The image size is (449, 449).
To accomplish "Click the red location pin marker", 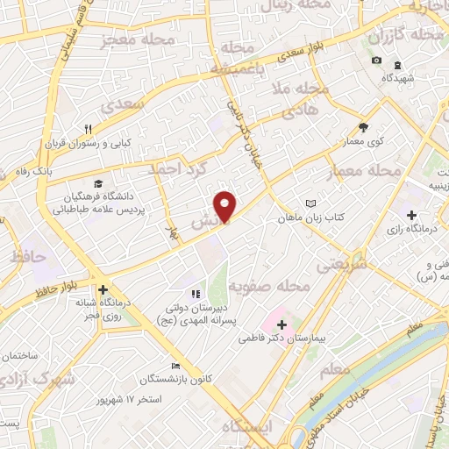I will point(226,204).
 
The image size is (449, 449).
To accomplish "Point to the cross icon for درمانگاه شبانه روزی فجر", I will point(103,289).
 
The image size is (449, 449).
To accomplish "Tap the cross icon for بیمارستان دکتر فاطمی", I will point(281,324).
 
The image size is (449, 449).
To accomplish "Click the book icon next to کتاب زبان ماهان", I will point(310,203).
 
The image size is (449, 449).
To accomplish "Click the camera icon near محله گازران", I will point(376,60).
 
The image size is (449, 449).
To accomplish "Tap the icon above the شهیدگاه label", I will point(396,65).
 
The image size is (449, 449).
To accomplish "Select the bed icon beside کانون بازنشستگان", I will point(176,366).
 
